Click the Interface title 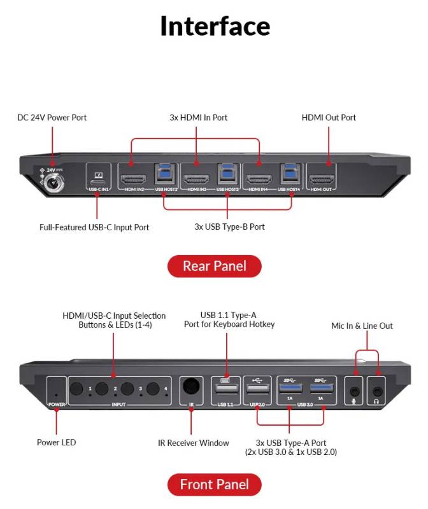tap(215, 26)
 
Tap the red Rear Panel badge tap(214, 266)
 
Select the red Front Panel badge tap(214, 485)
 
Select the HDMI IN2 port tap(132, 178)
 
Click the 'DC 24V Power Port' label tap(52, 118)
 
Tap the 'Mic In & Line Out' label tap(362, 326)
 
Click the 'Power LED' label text tap(56, 442)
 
